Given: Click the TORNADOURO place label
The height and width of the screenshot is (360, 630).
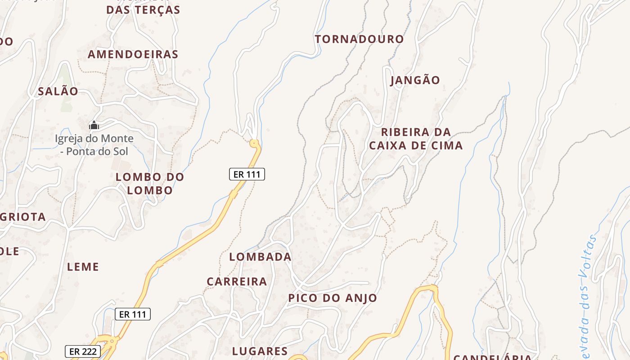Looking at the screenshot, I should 359,39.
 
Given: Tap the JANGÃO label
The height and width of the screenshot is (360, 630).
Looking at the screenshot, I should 415,81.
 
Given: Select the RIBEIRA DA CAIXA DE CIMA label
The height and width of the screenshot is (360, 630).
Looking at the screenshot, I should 415,139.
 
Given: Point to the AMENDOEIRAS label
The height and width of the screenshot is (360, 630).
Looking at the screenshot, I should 133,54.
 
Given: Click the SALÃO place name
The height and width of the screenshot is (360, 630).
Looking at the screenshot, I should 58,91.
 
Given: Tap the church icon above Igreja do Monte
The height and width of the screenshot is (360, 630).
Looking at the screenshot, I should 94,125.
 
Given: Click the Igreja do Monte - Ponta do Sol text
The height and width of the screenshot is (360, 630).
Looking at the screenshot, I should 94,145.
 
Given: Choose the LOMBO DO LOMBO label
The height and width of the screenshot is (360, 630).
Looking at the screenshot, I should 150,184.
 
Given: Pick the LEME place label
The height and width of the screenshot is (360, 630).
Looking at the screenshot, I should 83,267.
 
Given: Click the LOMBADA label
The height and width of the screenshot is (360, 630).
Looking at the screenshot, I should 260,257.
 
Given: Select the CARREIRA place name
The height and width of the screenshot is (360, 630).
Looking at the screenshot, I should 237,282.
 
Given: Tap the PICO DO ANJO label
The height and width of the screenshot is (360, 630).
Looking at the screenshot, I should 333,298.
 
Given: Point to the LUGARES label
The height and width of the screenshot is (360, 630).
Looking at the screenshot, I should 260,351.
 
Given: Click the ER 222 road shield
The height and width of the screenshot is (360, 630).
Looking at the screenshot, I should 83,351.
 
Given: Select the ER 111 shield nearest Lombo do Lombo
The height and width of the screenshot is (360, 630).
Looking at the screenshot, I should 247,174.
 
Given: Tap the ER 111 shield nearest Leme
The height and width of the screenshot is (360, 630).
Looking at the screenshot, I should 133,314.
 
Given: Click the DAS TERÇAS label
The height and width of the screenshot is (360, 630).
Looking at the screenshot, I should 143,10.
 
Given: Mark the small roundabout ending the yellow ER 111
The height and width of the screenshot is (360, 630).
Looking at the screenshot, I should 255,144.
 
